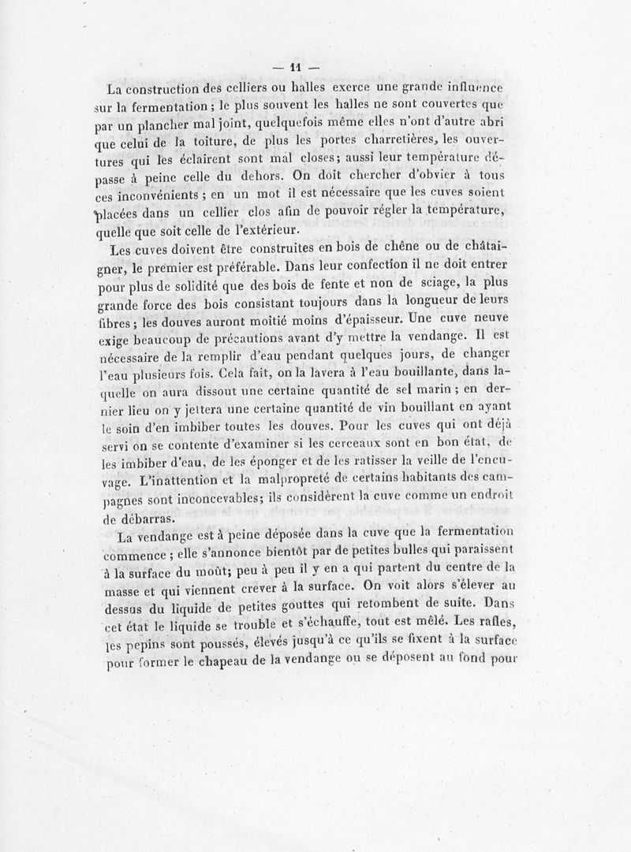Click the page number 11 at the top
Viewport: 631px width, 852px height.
tap(297, 66)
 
